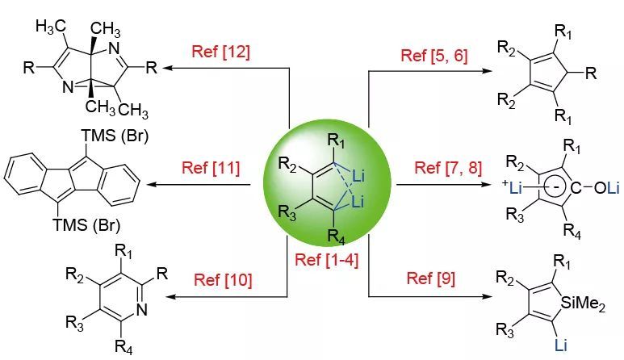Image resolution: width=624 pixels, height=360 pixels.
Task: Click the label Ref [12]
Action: [x=220, y=52]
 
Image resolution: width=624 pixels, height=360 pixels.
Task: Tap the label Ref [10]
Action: [x=222, y=280]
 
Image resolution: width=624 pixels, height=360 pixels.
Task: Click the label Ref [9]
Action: [x=430, y=278]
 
